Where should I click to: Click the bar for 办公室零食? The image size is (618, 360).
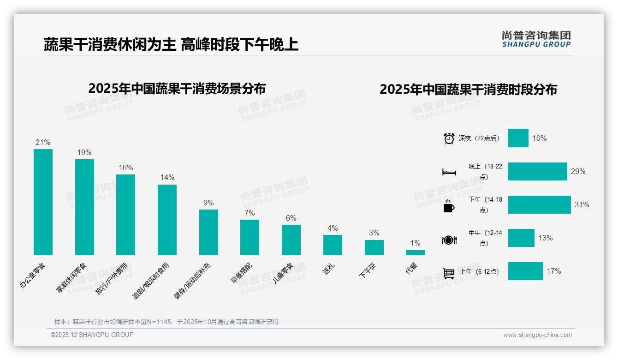(43, 202)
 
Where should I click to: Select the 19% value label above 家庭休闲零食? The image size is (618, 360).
(84, 153)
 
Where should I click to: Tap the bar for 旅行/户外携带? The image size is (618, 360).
(125, 214)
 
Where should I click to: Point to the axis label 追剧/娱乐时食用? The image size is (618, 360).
(152, 281)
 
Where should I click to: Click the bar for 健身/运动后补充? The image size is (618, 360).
(208, 232)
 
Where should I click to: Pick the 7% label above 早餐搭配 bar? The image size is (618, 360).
(250, 213)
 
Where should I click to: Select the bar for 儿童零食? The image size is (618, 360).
(291, 240)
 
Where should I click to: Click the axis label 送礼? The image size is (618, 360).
(329, 269)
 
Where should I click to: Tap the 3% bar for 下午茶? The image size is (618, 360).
(374, 247)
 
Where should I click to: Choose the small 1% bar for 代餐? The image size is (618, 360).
(415, 252)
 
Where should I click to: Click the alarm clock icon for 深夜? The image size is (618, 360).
(449, 138)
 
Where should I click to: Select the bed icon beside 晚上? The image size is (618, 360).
(449, 172)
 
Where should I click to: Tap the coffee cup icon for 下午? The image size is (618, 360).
(449, 206)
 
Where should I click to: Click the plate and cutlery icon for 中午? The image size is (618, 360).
(449, 240)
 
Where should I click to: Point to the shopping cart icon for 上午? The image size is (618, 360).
(449, 273)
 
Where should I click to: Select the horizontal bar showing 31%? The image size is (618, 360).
(539, 204)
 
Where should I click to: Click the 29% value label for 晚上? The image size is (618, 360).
(578, 172)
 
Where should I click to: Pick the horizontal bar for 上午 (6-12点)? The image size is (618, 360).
(525, 271)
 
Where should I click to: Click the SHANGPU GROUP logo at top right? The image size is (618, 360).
(536, 39)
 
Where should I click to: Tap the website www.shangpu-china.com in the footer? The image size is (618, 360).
(537, 335)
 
